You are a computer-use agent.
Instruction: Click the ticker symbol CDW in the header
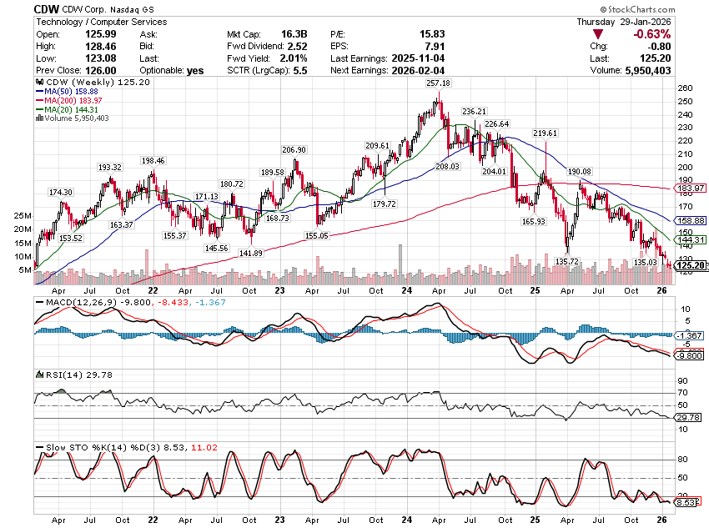point(47,8)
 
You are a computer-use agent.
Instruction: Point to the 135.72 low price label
point(567,261)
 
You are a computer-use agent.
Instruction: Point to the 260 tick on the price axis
point(683,88)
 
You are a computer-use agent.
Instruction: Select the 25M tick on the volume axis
point(23,215)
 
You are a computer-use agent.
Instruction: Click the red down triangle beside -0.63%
point(596,34)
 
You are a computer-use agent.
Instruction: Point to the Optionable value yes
point(195,71)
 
